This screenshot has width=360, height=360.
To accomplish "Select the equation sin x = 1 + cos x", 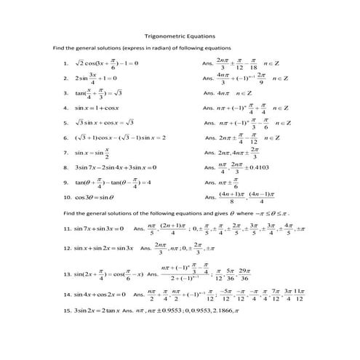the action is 100,108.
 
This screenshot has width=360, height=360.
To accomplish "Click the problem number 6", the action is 66,137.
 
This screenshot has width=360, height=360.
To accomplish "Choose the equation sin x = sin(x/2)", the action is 95,153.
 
